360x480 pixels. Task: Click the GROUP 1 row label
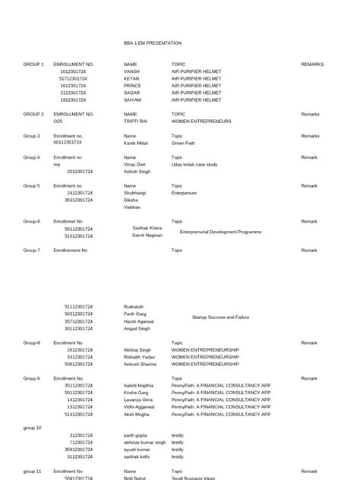33,65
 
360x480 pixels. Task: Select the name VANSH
132,71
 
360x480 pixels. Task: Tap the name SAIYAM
133,99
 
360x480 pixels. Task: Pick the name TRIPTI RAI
136,121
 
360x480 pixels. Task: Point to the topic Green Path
183,143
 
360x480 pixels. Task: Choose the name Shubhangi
134,193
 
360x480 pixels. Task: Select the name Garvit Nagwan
147,235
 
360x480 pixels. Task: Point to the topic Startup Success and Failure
220,317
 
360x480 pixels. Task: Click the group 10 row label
33,428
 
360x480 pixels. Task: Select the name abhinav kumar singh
144,443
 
